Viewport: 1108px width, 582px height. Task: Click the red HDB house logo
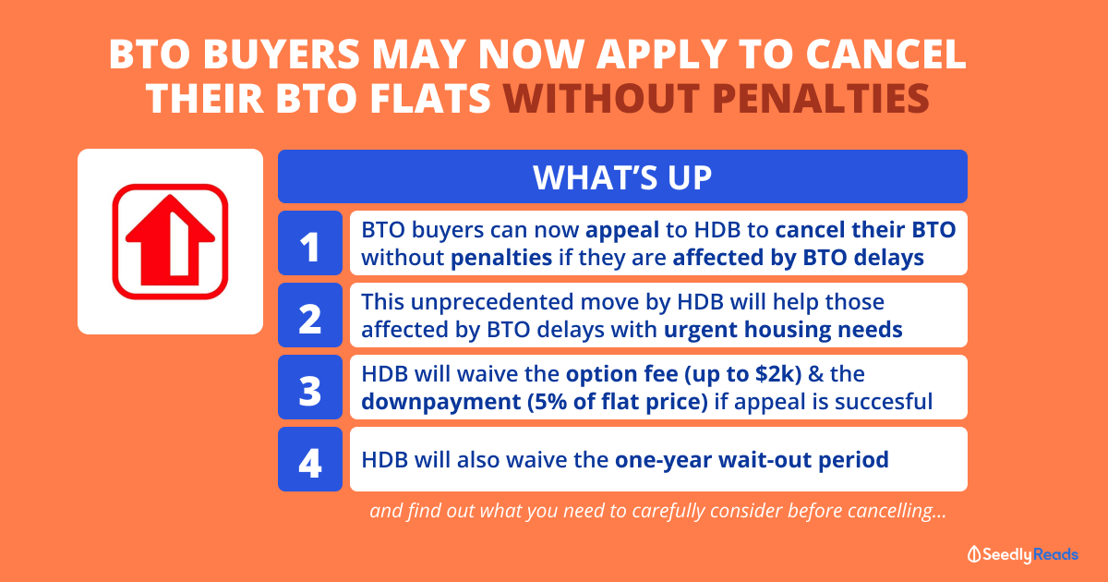tap(170, 241)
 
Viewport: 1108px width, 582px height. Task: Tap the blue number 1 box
tap(310, 243)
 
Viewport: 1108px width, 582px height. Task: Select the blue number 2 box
tap(310, 315)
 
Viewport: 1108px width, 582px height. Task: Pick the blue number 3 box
tap(310, 387)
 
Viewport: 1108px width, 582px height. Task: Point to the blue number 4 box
tap(310, 459)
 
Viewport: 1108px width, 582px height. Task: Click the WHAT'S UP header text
tap(622, 177)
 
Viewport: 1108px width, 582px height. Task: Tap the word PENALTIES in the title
tap(821, 98)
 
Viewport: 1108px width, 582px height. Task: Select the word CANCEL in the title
tap(885, 54)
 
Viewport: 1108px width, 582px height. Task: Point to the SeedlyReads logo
tap(1023, 554)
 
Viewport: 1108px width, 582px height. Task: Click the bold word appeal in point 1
tap(622, 231)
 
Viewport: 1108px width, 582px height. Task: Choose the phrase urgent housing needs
tap(783, 330)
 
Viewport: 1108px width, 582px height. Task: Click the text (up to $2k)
tap(743, 375)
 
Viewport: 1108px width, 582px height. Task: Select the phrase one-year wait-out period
tap(752, 460)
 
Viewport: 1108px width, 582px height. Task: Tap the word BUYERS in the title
tap(281, 54)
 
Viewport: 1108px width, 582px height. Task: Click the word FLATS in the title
tap(430, 98)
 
